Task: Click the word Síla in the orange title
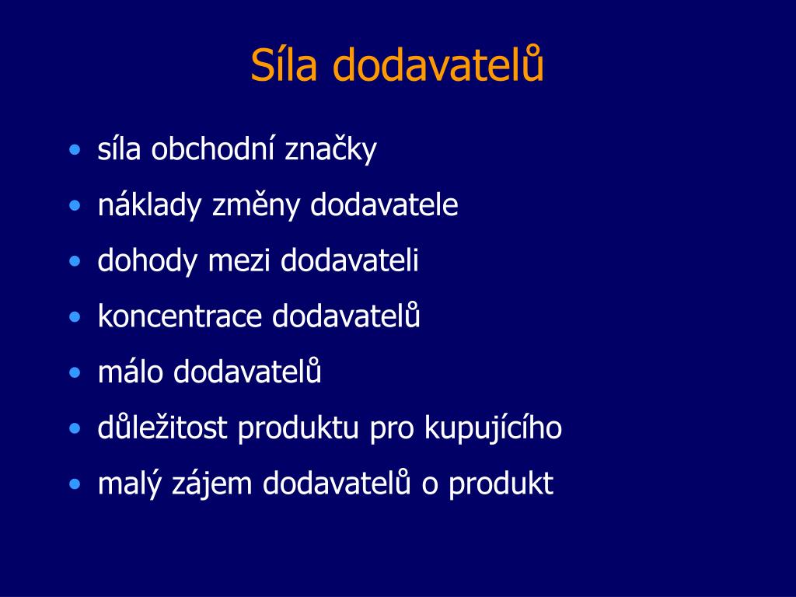pyautogui.click(x=284, y=65)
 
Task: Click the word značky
pyautogui.click(x=330, y=151)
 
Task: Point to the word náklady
pyautogui.click(x=149, y=205)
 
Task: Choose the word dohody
pyautogui.click(x=147, y=261)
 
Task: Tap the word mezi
pyautogui.click(x=239, y=260)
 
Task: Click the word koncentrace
pyautogui.click(x=180, y=317)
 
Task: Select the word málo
pyautogui.click(x=130, y=372)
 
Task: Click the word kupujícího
pyautogui.click(x=493, y=428)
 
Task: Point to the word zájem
pyautogui.click(x=211, y=484)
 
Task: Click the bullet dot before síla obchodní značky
pyautogui.click(x=75, y=150)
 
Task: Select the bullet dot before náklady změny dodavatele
pyautogui.click(x=75, y=205)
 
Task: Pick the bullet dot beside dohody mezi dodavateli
pyautogui.click(x=75, y=261)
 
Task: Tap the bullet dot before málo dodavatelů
pyautogui.click(x=75, y=372)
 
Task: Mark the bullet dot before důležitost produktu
pyautogui.click(x=75, y=428)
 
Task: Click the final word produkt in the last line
pyautogui.click(x=501, y=484)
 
